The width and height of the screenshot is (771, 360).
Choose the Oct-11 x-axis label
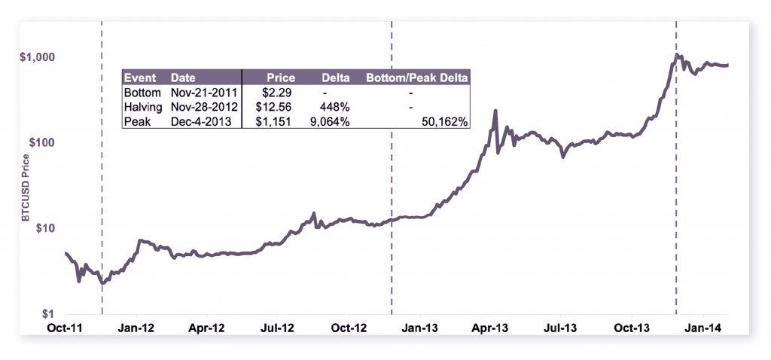(66, 328)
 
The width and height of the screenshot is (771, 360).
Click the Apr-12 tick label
(207, 328)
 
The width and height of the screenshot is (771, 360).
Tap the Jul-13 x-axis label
(560, 328)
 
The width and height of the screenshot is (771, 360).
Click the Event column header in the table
(139, 78)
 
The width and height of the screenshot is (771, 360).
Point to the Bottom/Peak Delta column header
(416, 78)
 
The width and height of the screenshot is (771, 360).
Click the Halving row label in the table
(142, 106)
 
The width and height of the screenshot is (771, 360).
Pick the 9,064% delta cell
(328, 121)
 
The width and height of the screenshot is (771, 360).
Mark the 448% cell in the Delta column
(335, 106)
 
